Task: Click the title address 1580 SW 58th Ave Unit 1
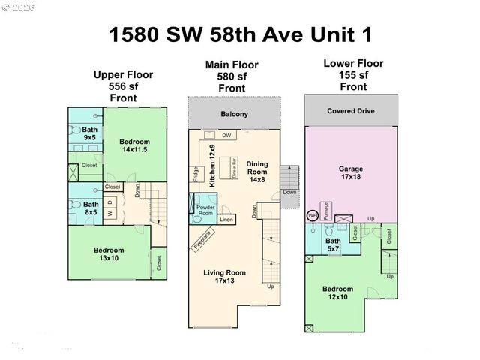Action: [x=239, y=34]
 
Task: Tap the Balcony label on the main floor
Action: [x=234, y=115]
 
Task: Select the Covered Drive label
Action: [x=350, y=111]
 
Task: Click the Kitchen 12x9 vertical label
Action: [x=213, y=166]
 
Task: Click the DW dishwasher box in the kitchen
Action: [x=226, y=135]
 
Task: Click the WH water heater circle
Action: [x=313, y=215]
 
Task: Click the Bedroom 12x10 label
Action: [x=338, y=293]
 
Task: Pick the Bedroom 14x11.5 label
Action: [x=134, y=146]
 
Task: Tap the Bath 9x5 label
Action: [x=89, y=133]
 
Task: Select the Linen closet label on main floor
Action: [x=226, y=219]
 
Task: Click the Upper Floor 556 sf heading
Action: [x=123, y=86]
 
